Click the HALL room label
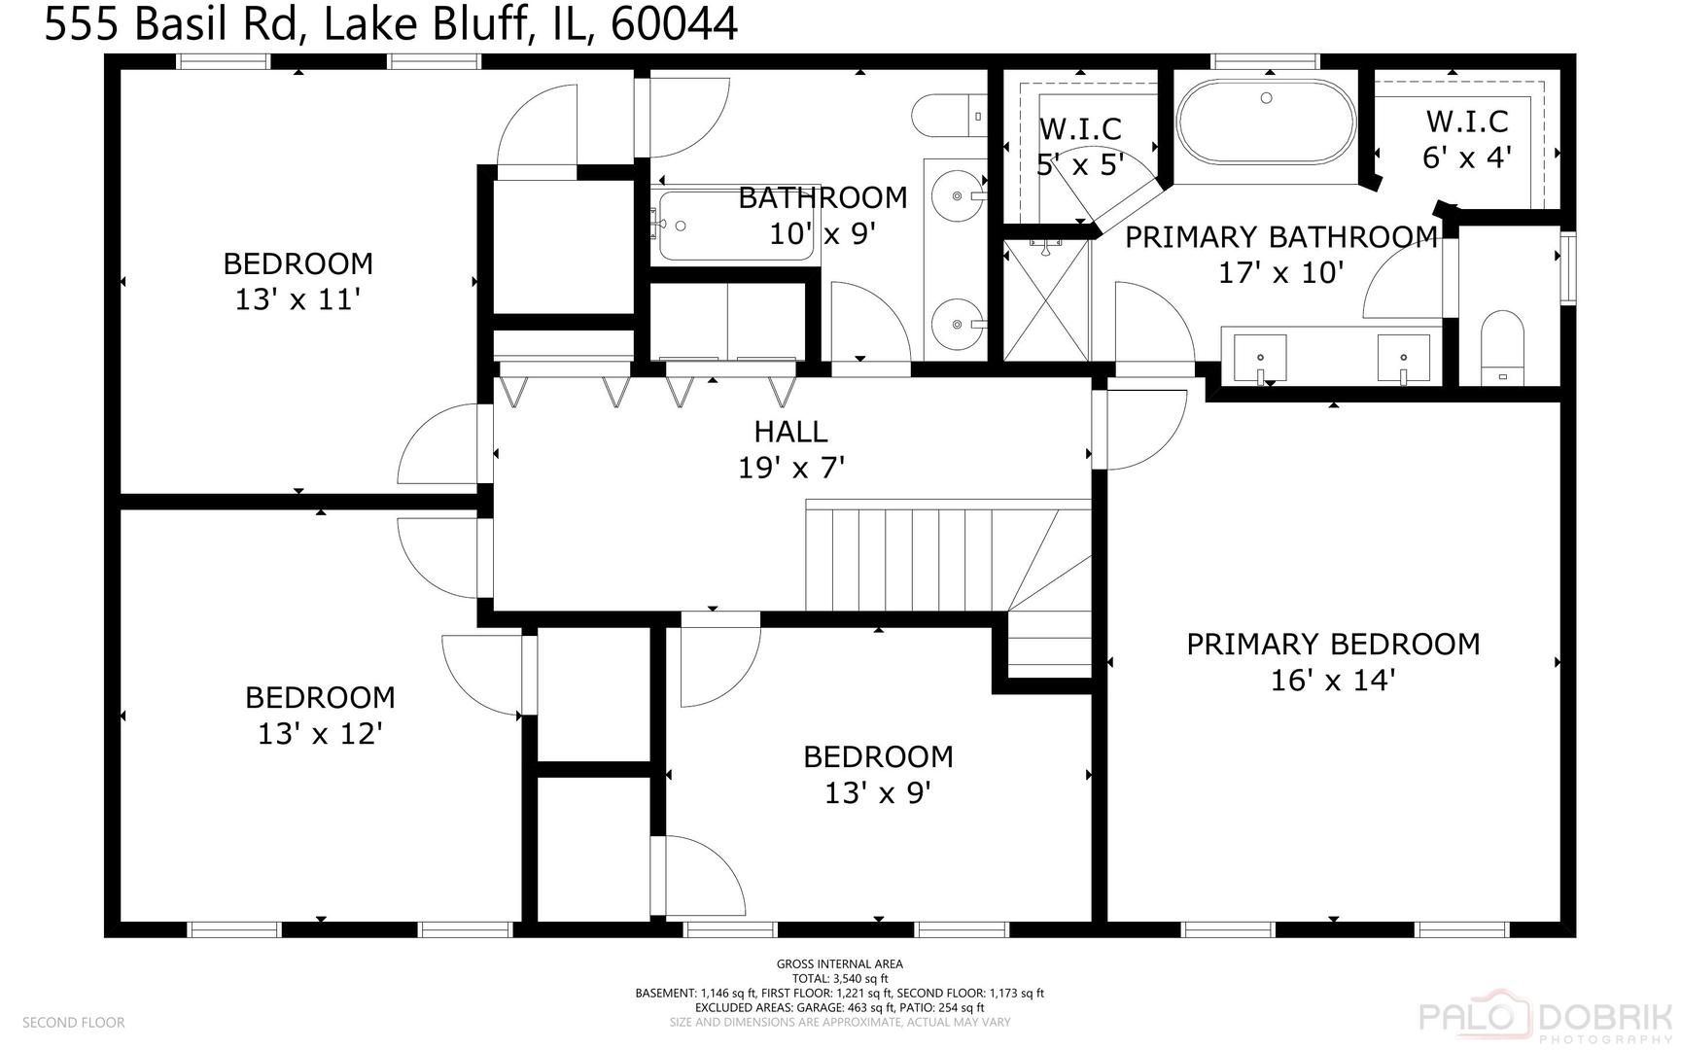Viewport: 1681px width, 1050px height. coord(790,432)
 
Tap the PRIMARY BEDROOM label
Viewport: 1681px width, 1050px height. coord(1333,645)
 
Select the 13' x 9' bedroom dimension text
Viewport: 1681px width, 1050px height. coord(878,793)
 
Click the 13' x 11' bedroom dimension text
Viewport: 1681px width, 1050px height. coord(298,299)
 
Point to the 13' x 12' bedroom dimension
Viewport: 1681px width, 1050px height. coord(319,733)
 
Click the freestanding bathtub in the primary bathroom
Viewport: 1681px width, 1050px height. coord(1266,122)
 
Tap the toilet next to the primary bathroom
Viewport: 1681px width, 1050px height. coord(1503,348)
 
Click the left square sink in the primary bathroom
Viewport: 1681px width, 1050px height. coord(1260,358)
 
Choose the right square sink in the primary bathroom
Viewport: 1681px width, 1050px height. coord(1403,358)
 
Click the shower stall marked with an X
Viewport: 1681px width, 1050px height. coord(1046,300)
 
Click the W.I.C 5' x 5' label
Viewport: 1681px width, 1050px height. coord(1080,146)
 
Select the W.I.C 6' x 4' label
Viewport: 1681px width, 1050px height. coord(1467,139)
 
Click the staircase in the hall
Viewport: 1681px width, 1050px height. coord(948,556)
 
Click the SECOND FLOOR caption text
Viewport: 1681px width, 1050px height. coord(74,1023)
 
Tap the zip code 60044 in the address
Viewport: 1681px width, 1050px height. coord(674,24)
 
